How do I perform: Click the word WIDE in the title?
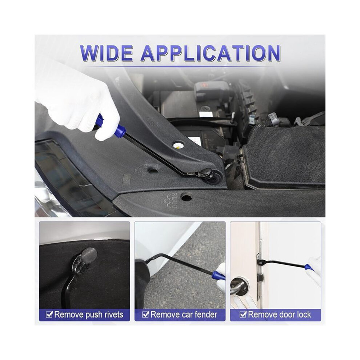(x=106, y=53)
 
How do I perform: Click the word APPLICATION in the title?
(x=211, y=53)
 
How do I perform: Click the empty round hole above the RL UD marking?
(x=187, y=196)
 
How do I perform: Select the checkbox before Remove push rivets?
(x=49, y=314)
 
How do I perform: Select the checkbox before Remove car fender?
(x=145, y=314)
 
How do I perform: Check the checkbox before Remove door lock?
(x=243, y=314)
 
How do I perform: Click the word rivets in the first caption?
(x=112, y=315)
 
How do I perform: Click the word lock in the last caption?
(x=303, y=314)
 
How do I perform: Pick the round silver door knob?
(x=239, y=287)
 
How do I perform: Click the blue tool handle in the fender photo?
(x=218, y=275)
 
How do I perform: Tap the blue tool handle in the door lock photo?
(x=308, y=267)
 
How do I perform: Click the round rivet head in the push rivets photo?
(x=88, y=254)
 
